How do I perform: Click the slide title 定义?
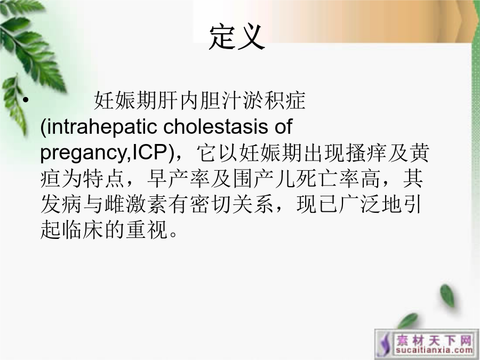click(x=237, y=37)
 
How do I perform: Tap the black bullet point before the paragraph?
click(x=26, y=100)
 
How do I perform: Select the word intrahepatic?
click(x=102, y=126)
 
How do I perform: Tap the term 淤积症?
click(x=274, y=100)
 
